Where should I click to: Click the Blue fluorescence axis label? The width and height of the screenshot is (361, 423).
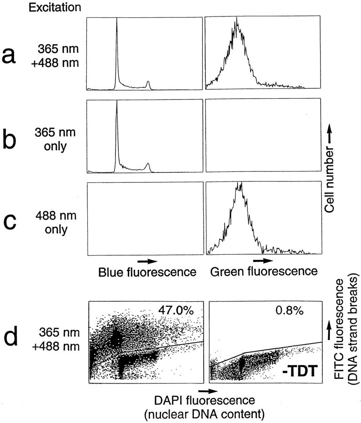coord(146,271)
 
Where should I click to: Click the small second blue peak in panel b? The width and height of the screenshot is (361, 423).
coord(148,165)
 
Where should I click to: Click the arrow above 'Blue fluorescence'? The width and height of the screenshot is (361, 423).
coord(146,260)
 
